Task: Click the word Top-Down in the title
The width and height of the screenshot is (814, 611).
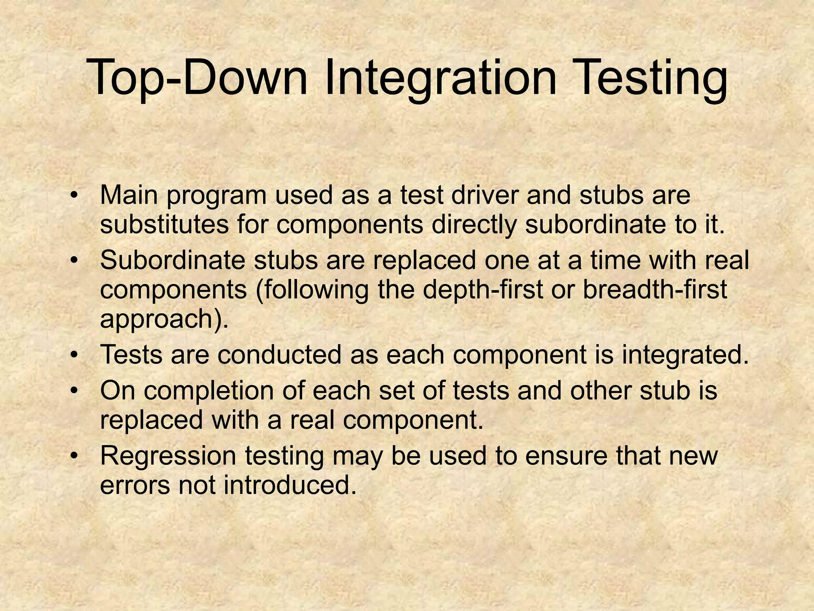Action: pos(197,78)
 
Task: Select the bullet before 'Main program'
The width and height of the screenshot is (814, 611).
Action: pos(73,196)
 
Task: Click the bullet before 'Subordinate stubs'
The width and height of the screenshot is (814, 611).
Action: pos(73,261)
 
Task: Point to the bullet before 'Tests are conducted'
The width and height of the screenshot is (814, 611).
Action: pos(73,355)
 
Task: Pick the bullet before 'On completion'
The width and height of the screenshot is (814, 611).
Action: pos(73,391)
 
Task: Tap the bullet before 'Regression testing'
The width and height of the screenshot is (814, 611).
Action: pos(73,456)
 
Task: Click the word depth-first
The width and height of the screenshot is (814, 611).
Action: pos(482,290)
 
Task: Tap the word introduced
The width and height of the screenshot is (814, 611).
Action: pos(290,485)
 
